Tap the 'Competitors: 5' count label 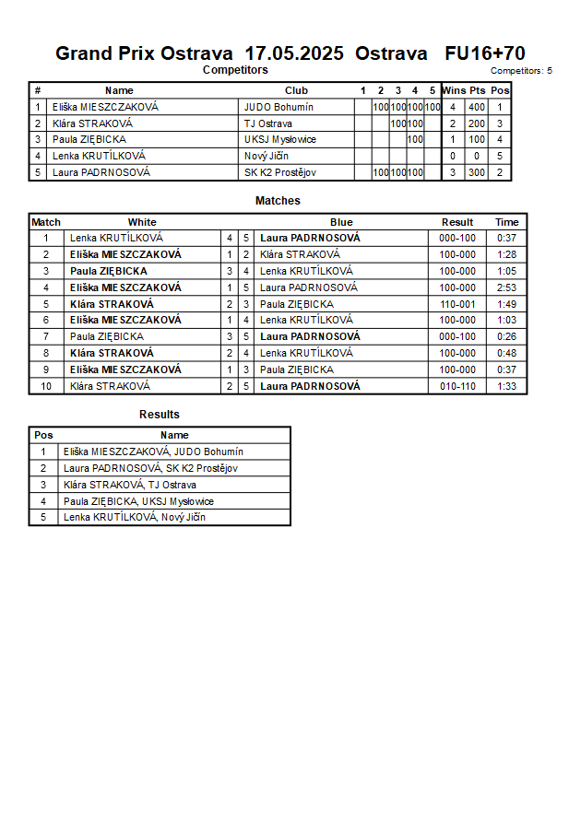pyautogui.click(x=521, y=70)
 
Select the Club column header pyautogui.click(x=296, y=90)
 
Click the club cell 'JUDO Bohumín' pyautogui.click(x=279, y=107)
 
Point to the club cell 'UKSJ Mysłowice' pyautogui.click(x=280, y=140)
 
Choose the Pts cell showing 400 pyautogui.click(x=476, y=107)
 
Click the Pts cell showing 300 pyautogui.click(x=476, y=172)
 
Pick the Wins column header pyautogui.click(x=454, y=90)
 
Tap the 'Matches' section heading pyautogui.click(x=278, y=201)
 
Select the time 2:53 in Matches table pyautogui.click(x=506, y=287)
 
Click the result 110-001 pyautogui.click(x=457, y=304)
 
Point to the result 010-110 pyautogui.click(x=457, y=386)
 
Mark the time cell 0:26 pyautogui.click(x=506, y=337)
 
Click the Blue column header pyautogui.click(x=341, y=222)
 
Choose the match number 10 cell pyautogui.click(x=46, y=386)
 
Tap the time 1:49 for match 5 pyautogui.click(x=506, y=304)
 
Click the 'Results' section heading pyautogui.click(x=160, y=415)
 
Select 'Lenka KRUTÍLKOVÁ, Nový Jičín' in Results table pyautogui.click(x=135, y=518)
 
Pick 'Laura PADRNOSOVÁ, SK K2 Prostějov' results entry pyautogui.click(x=150, y=468)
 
